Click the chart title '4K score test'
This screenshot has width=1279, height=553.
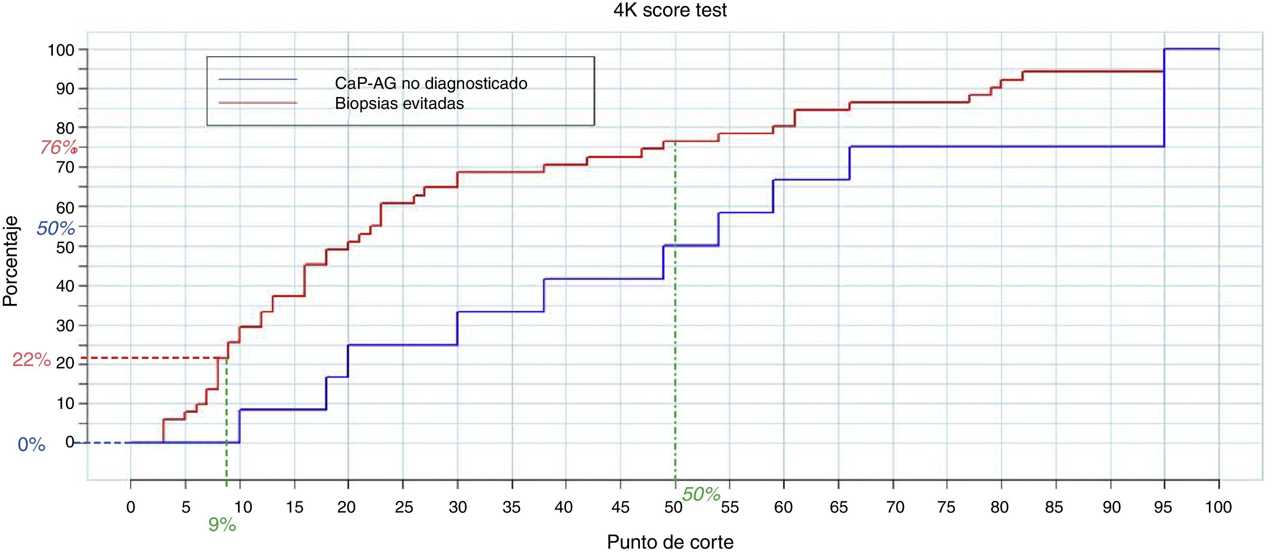click(x=670, y=10)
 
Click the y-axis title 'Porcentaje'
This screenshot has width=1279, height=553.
click(x=10, y=261)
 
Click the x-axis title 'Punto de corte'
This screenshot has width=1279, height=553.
click(x=670, y=541)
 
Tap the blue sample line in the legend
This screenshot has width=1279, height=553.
click(x=258, y=79)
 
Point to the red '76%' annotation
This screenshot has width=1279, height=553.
click(x=58, y=147)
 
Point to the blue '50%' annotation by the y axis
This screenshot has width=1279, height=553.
click(x=56, y=228)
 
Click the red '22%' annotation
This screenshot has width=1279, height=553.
click(x=31, y=360)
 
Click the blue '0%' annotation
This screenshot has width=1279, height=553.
click(x=31, y=445)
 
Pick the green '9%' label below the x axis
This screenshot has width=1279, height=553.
click(x=222, y=525)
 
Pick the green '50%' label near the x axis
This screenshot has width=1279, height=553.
click(x=701, y=495)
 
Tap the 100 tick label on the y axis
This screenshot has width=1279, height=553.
click(x=61, y=50)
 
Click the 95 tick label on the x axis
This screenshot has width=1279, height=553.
click(x=1162, y=507)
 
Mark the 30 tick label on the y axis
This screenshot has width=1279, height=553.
click(x=65, y=326)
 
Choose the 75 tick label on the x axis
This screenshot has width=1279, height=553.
click(x=946, y=507)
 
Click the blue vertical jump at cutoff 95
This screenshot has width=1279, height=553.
click(x=1164, y=99)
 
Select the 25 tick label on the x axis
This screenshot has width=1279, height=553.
click(x=403, y=507)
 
